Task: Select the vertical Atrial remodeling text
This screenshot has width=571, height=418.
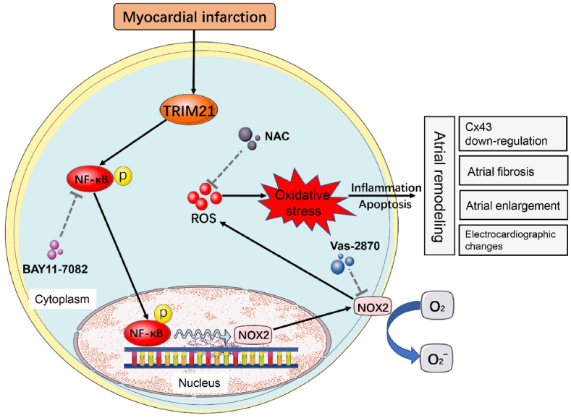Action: pyautogui.click(x=437, y=186)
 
